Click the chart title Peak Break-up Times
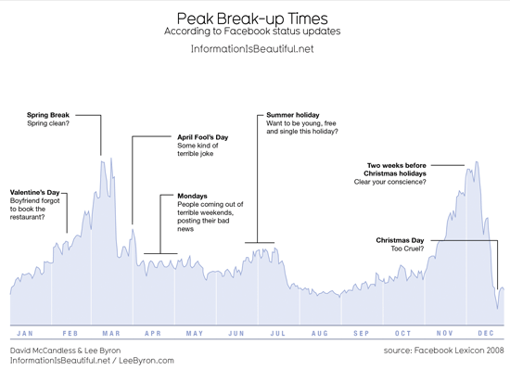[x=252, y=19]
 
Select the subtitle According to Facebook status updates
[x=252, y=32]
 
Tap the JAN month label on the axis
[x=25, y=333]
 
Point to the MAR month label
[x=111, y=333]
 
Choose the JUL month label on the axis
[x=278, y=333]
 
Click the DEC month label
[x=486, y=333]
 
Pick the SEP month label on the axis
[x=362, y=333]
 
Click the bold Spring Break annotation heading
[x=48, y=115]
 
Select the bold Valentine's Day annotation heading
[x=35, y=193]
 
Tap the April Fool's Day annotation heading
[x=203, y=137]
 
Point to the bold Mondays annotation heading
[x=192, y=196]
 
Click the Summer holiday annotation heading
[x=293, y=115]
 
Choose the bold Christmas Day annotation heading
[x=400, y=240]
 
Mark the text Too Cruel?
[x=407, y=249]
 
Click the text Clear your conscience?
[x=390, y=182]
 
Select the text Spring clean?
[x=48, y=123]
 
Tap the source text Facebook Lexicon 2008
[x=459, y=351]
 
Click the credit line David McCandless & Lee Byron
[x=66, y=351]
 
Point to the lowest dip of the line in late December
[x=497, y=308]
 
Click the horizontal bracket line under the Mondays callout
[x=160, y=253]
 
